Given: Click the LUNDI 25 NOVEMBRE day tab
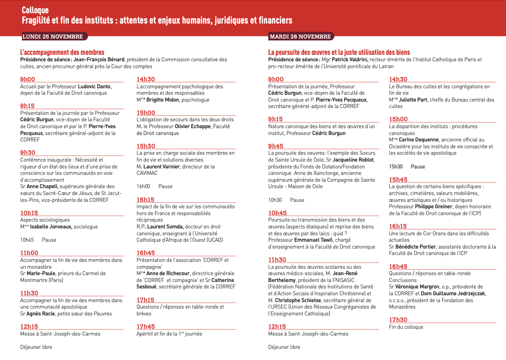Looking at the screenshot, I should point(53,36).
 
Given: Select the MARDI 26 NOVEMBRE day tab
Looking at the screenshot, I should point(300,36).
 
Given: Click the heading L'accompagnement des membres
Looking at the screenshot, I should point(62,52).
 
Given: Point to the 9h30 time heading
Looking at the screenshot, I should point(28,153).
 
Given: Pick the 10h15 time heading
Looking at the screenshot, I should point(29,213).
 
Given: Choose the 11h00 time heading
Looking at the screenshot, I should point(29,253).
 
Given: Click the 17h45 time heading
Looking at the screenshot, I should point(146,327).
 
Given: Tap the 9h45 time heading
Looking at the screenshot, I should point(276,146).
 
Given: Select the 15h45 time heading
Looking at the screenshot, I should point(398,180).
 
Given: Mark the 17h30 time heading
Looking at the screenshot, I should point(398,320).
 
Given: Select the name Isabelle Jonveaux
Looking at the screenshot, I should point(51,227).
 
